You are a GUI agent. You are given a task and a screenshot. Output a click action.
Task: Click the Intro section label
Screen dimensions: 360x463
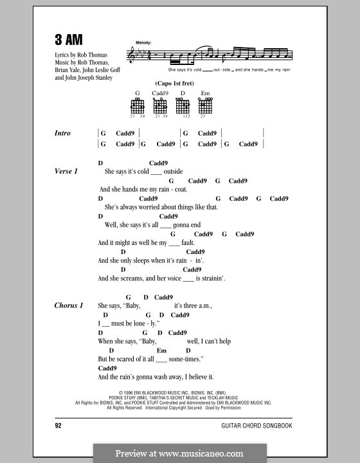pyautogui.click(x=63, y=134)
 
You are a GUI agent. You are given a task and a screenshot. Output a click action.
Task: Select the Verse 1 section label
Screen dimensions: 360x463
pyautogui.click(x=66, y=172)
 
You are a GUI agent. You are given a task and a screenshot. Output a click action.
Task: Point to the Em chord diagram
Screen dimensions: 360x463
pyautogui.click(x=206, y=106)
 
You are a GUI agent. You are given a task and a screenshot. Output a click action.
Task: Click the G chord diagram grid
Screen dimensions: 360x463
pyautogui.click(x=138, y=106)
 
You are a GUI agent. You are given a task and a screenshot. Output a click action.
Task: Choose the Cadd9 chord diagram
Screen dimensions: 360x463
pyautogui.click(x=160, y=106)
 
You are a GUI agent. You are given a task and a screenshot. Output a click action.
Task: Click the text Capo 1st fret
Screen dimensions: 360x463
pyautogui.click(x=171, y=84)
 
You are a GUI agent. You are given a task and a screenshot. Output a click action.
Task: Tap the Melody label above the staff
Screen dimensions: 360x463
pyautogui.click(x=143, y=42)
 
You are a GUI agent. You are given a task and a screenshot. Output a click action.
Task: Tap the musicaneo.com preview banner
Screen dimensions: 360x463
pyautogui.click(x=179, y=453)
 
